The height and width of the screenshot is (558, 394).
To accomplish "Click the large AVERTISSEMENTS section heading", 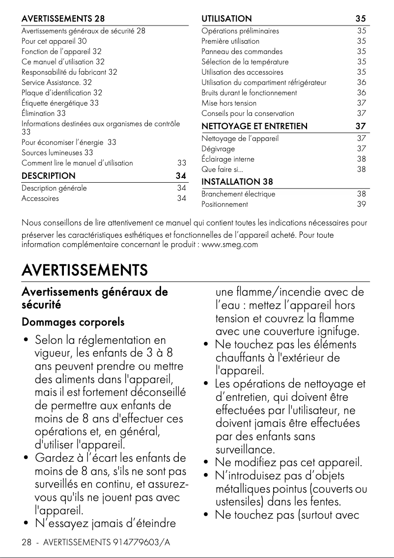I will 84,270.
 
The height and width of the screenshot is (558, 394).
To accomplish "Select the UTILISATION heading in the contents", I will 226,19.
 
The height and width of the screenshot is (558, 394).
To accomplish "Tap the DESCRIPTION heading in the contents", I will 48,175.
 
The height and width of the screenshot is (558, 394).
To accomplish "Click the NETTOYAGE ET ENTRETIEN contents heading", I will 254,126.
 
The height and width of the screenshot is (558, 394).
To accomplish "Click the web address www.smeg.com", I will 230,244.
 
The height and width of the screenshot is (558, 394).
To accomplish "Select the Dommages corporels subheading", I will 73,322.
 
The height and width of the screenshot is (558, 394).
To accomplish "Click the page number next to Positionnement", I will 361,204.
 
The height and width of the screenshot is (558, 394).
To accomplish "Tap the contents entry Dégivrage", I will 218,149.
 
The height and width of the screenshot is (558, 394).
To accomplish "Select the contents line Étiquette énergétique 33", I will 60,103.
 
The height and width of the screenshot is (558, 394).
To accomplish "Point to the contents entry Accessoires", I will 40,198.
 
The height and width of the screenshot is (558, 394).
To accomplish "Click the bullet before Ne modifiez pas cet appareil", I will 207,463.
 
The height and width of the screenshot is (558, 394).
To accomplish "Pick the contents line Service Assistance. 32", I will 56,82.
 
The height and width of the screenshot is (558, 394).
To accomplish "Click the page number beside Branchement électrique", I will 361,194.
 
